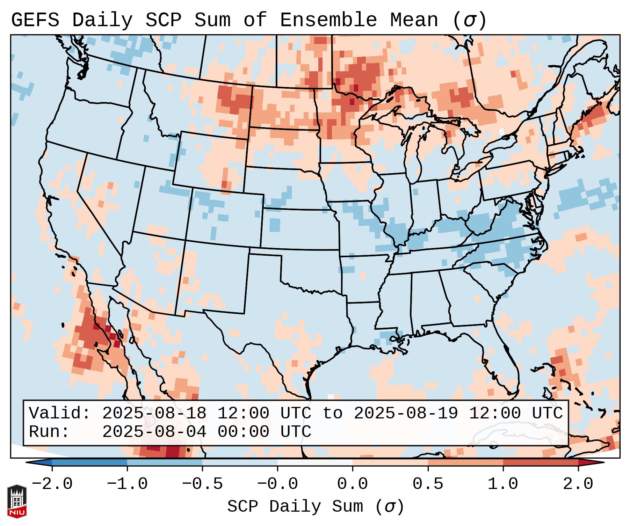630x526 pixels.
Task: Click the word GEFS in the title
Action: point(35,20)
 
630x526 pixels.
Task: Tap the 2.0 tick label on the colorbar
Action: point(578,484)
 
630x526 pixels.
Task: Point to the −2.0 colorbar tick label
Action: point(52,484)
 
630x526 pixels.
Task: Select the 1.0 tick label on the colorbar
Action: point(503,484)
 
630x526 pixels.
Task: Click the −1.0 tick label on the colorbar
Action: point(127,484)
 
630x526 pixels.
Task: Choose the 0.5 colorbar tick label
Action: point(428,484)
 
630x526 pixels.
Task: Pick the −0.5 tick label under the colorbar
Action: point(202,484)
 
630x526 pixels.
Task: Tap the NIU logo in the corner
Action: point(17,501)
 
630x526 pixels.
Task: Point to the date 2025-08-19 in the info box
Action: point(406,413)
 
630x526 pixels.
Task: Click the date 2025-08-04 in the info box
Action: point(154,432)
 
